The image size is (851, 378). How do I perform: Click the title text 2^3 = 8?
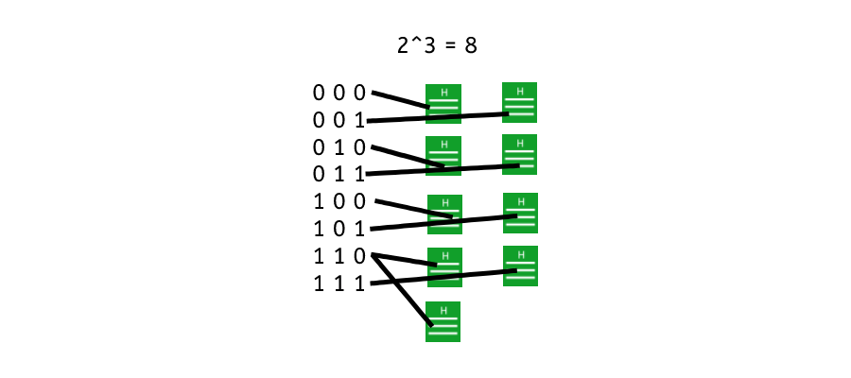click(x=437, y=44)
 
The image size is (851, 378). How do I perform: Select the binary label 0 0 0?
click(x=339, y=93)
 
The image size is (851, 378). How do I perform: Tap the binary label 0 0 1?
click(x=339, y=120)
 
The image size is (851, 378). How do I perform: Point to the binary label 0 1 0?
click(x=339, y=147)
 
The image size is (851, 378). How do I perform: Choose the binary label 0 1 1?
click(x=339, y=174)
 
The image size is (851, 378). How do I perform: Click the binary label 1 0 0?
click(x=339, y=201)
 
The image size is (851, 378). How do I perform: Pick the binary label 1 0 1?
click(x=339, y=228)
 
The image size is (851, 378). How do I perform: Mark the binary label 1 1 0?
click(x=339, y=255)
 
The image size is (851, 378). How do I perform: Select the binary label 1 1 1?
click(x=339, y=283)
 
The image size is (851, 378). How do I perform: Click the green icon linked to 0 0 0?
click(x=443, y=103)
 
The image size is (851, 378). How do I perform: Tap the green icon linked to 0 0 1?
click(x=519, y=101)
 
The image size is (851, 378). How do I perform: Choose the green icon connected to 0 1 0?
click(x=443, y=156)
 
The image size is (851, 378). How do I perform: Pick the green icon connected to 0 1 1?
click(x=519, y=154)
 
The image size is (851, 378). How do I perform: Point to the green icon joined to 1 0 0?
click(x=444, y=214)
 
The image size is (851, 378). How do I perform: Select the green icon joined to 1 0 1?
click(x=520, y=213)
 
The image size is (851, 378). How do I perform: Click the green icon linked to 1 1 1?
click(x=520, y=266)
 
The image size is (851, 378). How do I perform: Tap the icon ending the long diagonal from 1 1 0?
click(x=443, y=321)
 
